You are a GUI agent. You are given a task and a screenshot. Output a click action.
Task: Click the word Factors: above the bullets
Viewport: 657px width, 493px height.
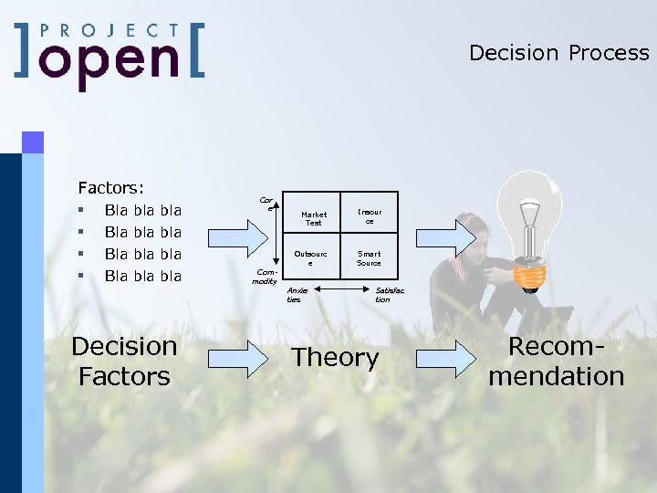[x=110, y=188]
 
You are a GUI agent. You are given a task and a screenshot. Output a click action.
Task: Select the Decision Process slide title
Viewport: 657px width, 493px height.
[x=558, y=53]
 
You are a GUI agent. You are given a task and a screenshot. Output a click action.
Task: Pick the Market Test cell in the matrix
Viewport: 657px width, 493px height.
[x=313, y=219]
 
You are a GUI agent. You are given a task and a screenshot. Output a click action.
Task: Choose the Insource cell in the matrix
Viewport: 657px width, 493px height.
[x=370, y=216]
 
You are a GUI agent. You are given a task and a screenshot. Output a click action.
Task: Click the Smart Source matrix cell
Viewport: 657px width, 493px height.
[x=370, y=258]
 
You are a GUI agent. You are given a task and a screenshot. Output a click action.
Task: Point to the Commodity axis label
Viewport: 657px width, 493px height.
[x=265, y=277]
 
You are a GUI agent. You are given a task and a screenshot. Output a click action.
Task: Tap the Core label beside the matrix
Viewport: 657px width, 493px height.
[x=266, y=203]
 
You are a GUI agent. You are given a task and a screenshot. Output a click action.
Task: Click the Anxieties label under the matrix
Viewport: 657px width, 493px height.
[x=297, y=294]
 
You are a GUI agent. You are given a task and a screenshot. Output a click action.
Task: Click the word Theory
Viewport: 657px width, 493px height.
[x=334, y=358]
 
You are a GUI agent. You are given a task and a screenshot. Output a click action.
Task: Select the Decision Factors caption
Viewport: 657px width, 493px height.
[x=124, y=361]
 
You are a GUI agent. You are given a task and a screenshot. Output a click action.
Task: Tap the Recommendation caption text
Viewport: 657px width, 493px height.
[x=556, y=361]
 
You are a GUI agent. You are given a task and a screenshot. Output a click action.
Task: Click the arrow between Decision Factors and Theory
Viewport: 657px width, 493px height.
[x=235, y=359]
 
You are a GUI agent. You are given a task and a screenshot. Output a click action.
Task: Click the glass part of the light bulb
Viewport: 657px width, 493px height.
[x=528, y=209]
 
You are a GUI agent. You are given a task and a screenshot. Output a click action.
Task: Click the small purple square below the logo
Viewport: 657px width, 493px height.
[x=33, y=142]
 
